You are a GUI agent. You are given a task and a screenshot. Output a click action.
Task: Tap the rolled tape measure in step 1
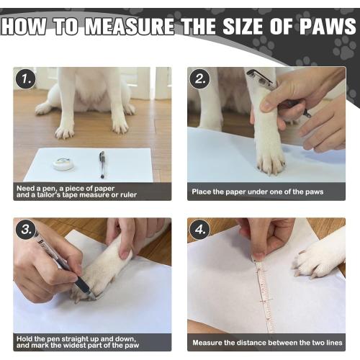(x=63, y=164)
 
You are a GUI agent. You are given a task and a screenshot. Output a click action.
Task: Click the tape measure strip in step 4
(x=264, y=295)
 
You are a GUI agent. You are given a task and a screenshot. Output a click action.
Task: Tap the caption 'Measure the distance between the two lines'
(x=266, y=342)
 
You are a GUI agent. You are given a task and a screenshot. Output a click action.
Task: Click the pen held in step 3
(x=61, y=263)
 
